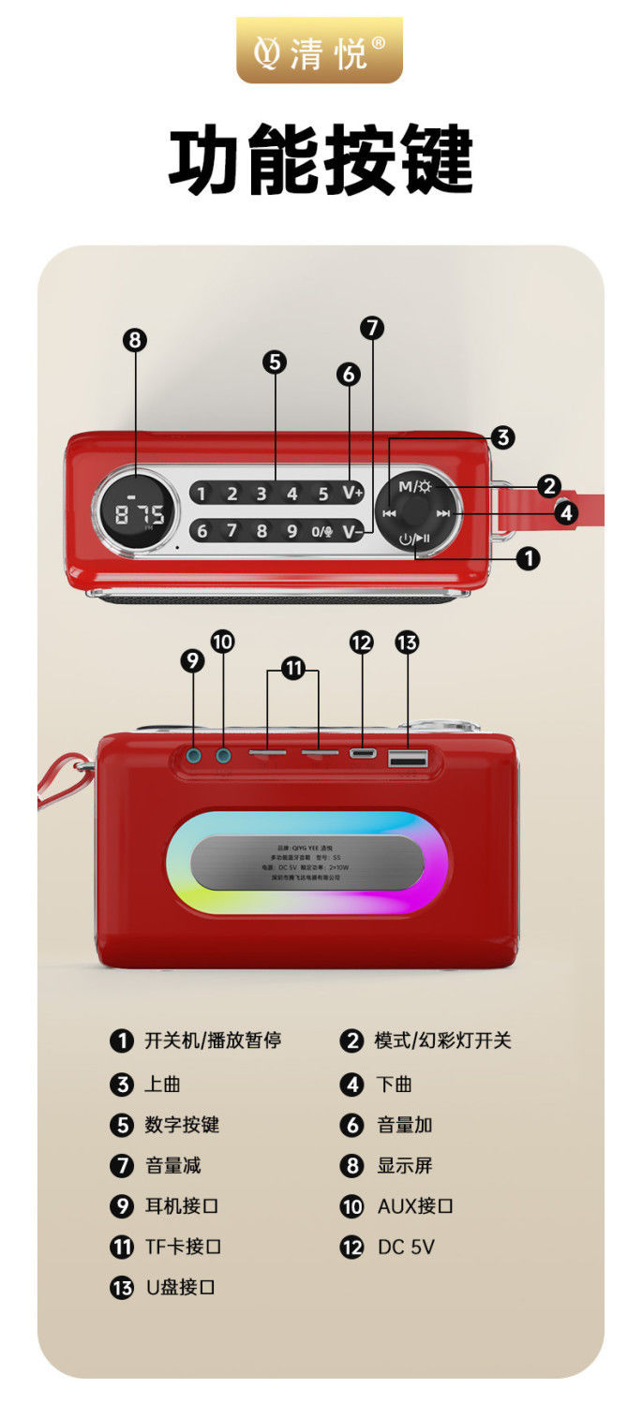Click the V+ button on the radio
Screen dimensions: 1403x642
351,494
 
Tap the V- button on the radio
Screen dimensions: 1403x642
351,532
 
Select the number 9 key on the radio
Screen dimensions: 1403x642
291,532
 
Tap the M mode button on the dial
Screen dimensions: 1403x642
414,486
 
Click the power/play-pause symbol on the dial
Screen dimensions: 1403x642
414,539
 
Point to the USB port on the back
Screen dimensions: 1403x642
408,757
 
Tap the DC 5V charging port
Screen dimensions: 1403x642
362,753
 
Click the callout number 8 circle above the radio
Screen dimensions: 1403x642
136,340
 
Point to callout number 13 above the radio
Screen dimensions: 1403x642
407,642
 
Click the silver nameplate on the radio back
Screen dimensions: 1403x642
306,863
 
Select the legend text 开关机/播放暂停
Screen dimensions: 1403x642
213,1041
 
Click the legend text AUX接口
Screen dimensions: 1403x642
415,1206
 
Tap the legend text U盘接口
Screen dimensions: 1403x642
180,1287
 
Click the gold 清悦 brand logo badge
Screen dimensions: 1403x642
320,51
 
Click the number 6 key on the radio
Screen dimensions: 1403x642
202,532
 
